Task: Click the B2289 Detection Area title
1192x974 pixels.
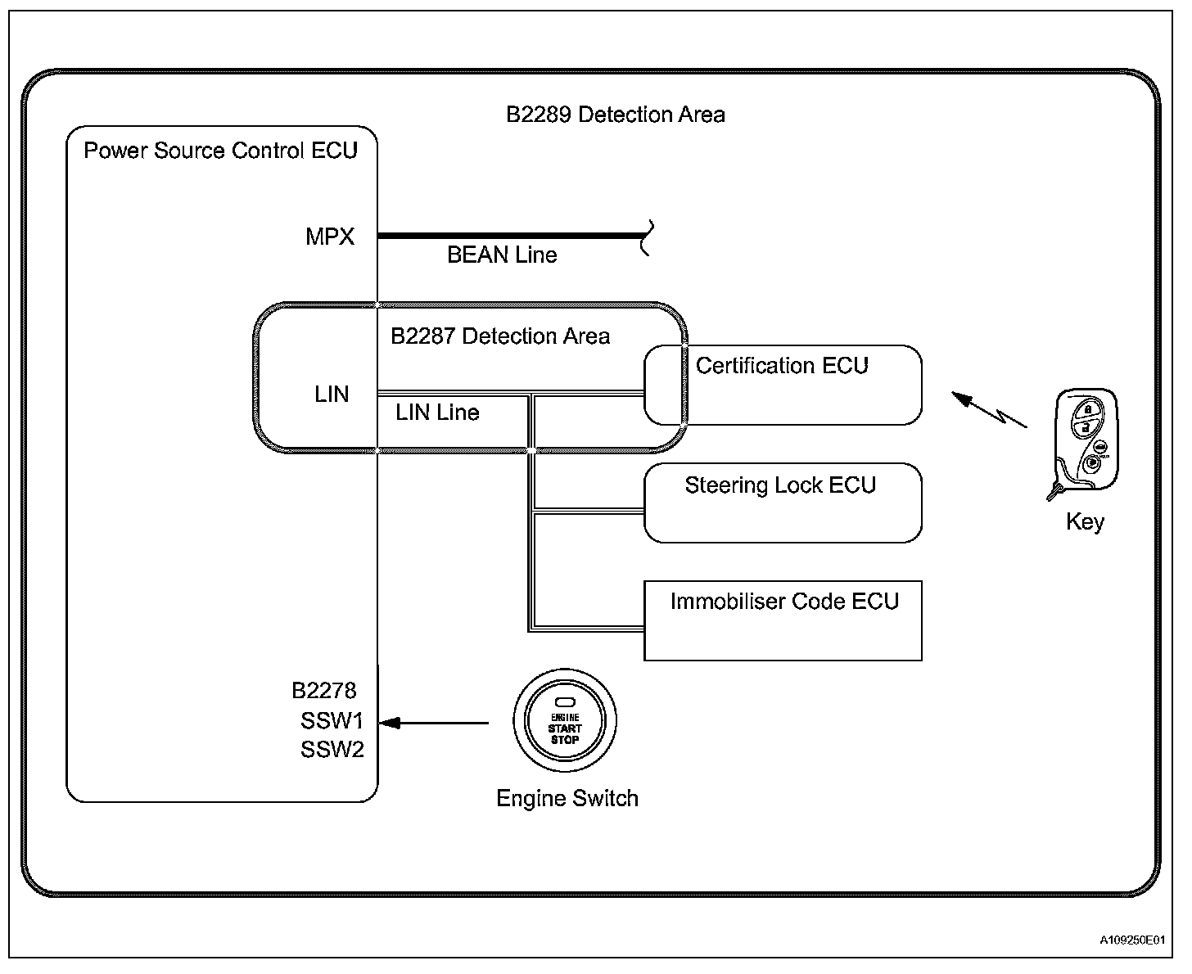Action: [615, 115]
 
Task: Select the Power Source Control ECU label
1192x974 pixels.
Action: [220, 151]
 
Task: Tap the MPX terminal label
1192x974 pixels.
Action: [329, 237]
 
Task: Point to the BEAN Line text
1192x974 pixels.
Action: [502, 255]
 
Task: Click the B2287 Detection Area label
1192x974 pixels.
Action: [500, 336]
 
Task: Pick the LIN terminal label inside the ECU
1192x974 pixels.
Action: [332, 395]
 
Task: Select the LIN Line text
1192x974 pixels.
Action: [437, 413]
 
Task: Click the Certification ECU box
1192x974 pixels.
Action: [783, 385]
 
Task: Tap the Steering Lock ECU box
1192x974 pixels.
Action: [783, 503]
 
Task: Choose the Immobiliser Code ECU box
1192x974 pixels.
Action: [783, 620]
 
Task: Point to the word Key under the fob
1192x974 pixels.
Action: [1085, 522]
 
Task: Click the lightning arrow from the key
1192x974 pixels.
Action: [989, 409]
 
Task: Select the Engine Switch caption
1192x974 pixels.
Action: [567, 798]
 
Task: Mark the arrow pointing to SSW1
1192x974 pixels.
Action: [434, 724]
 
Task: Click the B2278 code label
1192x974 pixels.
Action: [324, 690]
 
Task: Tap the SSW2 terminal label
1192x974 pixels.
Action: [332, 749]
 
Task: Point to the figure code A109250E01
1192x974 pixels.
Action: [1132, 940]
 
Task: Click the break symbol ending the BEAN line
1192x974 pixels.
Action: [647, 238]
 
